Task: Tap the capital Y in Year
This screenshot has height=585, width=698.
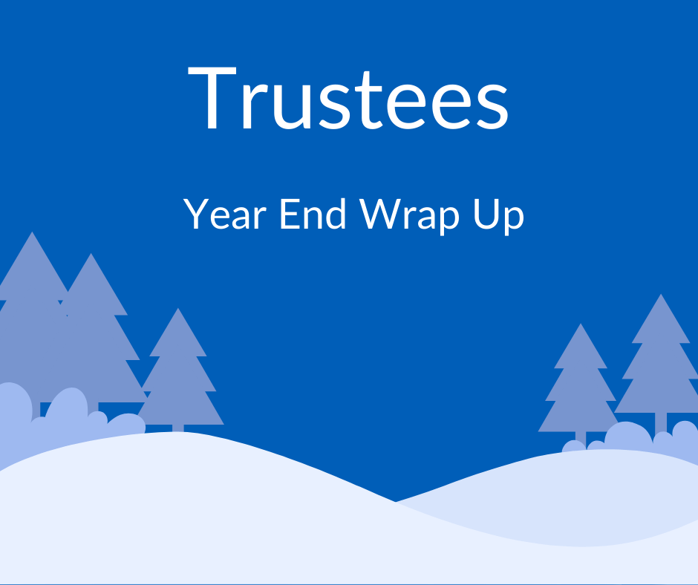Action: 196,215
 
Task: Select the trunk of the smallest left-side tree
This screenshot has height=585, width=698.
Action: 178,428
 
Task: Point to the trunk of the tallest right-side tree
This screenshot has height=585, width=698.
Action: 660,423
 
